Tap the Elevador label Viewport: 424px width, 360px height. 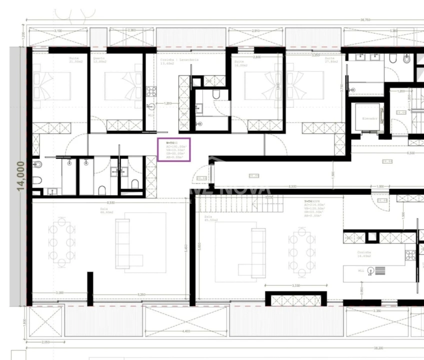pyautogui.click(x=368, y=118)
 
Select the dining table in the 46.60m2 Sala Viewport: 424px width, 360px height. pyautogui.click(x=59, y=241)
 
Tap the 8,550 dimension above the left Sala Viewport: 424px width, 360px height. pyautogui.click(x=111, y=202)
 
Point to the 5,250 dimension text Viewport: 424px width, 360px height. pyautogui.click(x=141, y=294)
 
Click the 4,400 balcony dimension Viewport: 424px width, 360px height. pyautogui.click(x=186, y=331)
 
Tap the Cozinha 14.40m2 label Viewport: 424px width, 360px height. pyautogui.click(x=363, y=254)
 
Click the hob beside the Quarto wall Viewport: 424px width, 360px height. pyautogui.click(x=150, y=91)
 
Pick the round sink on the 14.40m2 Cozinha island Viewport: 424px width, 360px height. pyautogui.click(x=370, y=270)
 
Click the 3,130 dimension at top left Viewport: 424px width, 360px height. pyautogui.click(x=59, y=30)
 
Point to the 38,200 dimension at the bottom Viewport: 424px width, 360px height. pyautogui.click(x=378, y=347)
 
